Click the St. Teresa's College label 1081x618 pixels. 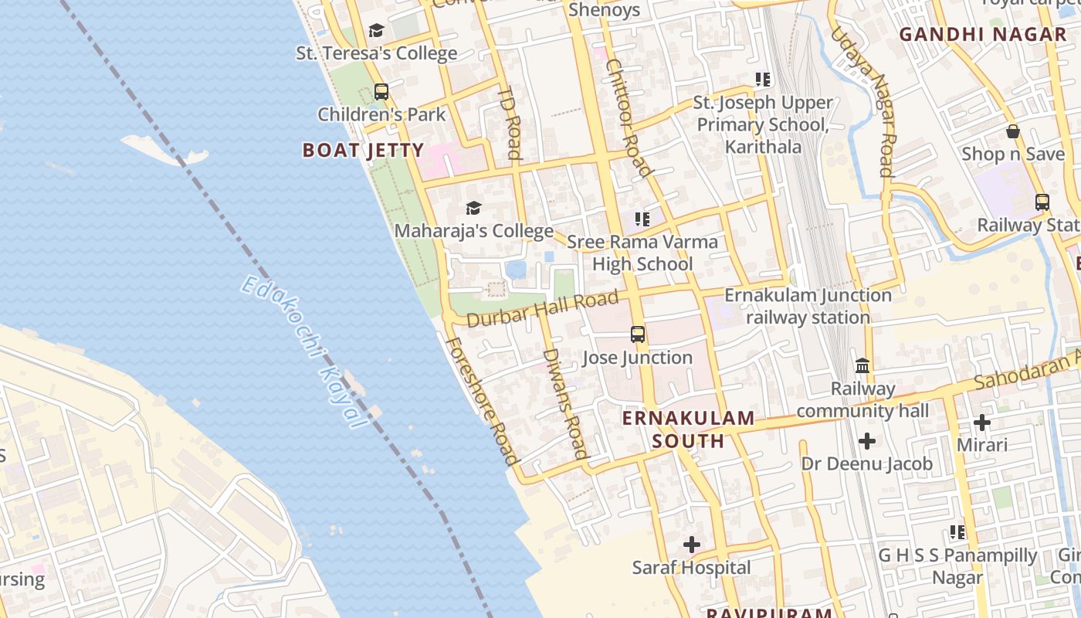[x=377, y=53]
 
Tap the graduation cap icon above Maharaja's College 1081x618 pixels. [x=473, y=209]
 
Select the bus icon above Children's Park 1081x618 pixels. [x=381, y=92]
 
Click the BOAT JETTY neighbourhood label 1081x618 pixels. [x=363, y=150]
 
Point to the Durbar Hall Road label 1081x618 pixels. [x=542, y=308]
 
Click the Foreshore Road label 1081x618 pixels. [x=480, y=401]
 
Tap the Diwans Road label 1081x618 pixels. [x=565, y=402]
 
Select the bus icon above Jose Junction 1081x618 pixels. [x=638, y=334]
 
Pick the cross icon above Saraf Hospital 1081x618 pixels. [x=692, y=545]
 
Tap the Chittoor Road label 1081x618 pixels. [x=629, y=117]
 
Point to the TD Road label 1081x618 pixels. [x=510, y=122]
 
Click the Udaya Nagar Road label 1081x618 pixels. [x=863, y=101]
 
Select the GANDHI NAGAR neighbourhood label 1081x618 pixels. [x=982, y=34]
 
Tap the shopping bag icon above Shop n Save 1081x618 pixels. [x=1013, y=132]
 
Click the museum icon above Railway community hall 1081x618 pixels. [x=862, y=365]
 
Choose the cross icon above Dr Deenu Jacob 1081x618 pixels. [x=867, y=441]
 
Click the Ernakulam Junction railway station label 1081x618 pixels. [x=808, y=306]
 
